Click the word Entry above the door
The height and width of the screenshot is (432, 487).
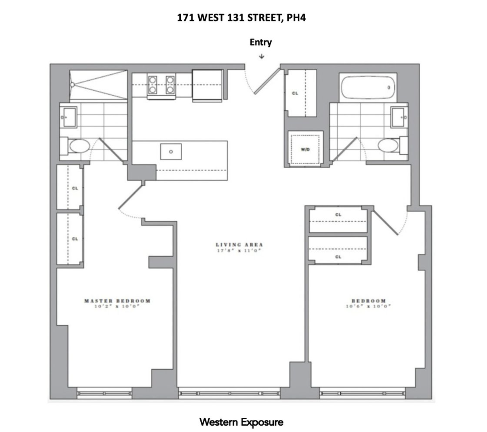point(261,42)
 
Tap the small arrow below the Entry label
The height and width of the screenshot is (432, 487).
point(262,56)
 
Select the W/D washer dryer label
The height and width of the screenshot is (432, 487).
point(305,150)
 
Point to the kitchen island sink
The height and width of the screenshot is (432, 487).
point(171,152)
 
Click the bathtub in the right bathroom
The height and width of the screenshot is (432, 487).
point(368,87)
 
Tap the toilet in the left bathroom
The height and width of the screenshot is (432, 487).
point(79,146)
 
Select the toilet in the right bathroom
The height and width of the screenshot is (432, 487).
point(388,146)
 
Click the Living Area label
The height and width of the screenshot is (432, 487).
point(239,245)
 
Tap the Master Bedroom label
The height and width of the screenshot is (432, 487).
point(117,301)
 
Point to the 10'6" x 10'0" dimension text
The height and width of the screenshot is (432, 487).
point(368,306)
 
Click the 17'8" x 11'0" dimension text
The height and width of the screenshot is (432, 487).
point(239,250)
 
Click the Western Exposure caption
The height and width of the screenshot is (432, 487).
point(241,422)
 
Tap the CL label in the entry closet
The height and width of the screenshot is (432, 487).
point(295,93)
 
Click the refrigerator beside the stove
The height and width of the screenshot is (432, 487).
point(207,85)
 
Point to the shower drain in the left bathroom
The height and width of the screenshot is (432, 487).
point(72,85)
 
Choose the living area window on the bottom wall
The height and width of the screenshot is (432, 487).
point(230,393)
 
